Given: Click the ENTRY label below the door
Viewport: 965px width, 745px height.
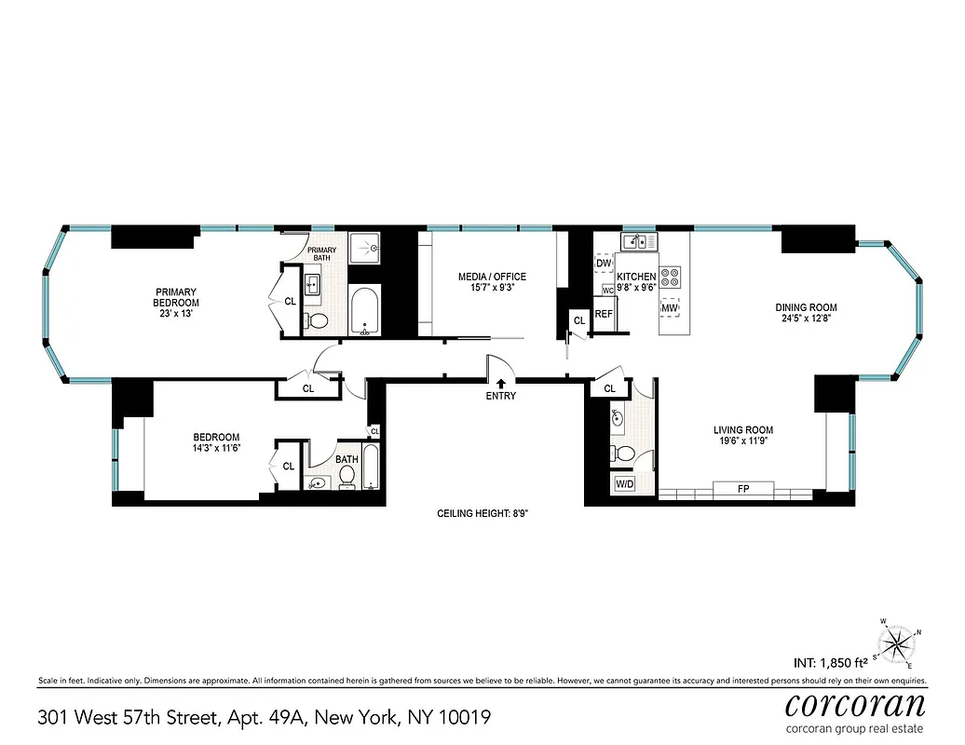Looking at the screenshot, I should coord(500,396).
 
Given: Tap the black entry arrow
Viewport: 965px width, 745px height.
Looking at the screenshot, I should coord(500,382).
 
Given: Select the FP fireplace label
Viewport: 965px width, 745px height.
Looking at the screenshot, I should coord(742,489).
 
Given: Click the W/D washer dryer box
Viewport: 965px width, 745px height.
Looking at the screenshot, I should coord(623,484).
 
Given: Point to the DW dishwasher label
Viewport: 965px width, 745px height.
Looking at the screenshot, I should coord(603,264).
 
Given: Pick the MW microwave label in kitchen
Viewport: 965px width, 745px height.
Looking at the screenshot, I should coord(670,307).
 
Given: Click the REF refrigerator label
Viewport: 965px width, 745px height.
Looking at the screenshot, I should coord(604,314).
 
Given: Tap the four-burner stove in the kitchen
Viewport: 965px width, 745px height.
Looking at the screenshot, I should coord(671,276).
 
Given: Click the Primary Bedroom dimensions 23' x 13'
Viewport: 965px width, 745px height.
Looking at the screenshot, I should coord(177,314).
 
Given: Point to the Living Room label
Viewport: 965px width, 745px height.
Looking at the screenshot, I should coord(743,430).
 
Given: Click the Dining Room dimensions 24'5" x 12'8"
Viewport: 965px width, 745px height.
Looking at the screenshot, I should coord(807,318).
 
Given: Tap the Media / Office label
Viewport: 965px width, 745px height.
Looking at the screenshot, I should coord(492,277).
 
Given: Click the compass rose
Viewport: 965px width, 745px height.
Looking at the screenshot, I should coord(898,643).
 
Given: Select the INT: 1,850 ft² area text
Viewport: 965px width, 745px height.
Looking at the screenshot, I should coord(831,663).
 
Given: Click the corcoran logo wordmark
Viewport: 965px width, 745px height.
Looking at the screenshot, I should coord(855,703).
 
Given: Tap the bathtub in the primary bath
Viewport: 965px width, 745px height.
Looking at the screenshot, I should coord(364,310).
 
